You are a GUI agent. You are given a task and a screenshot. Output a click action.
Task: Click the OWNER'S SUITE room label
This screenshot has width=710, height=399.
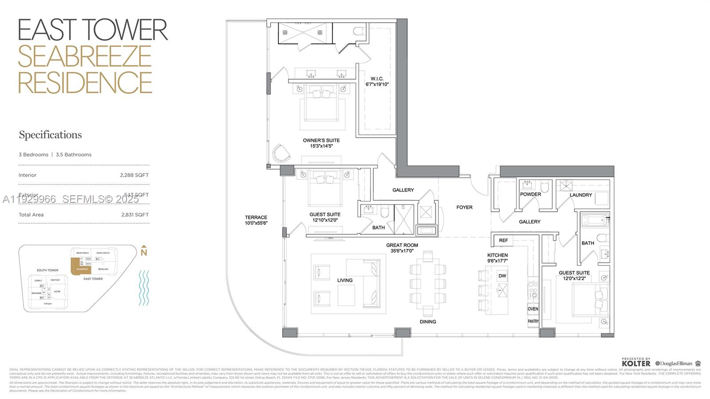(321, 140)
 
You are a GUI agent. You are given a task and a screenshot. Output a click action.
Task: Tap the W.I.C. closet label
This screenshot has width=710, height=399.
(377, 79)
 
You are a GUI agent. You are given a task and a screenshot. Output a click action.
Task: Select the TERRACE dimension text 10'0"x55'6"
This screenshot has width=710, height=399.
(256, 223)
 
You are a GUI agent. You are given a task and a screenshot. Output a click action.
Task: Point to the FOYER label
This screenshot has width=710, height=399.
(464, 207)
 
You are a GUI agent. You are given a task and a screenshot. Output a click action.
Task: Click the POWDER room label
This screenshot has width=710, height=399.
(530, 194)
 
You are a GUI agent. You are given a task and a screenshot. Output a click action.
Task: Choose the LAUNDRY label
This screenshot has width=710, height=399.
(580, 195)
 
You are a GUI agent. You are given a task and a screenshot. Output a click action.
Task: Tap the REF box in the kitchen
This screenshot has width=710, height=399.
(503, 241)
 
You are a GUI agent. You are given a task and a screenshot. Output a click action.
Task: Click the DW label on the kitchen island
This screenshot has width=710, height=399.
(502, 276)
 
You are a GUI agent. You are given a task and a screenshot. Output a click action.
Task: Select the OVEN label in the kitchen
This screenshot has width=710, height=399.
(533, 309)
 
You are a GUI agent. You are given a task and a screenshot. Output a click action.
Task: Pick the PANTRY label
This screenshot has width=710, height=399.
(533, 321)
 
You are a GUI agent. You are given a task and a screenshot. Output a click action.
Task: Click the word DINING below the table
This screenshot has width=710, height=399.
(428, 322)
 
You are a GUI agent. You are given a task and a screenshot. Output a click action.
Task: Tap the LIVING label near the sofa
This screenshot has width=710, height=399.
(344, 280)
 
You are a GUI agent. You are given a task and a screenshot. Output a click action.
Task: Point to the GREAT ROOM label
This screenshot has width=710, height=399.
(402, 245)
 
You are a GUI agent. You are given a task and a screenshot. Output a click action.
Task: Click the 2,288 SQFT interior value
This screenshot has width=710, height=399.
(134, 175)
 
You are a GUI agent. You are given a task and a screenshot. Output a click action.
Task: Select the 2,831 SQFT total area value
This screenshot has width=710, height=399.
(135, 214)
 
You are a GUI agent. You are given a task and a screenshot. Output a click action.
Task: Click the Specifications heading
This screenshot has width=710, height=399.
(50, 135)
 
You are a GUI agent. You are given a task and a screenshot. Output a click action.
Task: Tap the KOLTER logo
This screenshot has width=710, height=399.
(636, 363)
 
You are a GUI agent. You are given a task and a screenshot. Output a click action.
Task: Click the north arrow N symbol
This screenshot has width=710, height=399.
(143, 252)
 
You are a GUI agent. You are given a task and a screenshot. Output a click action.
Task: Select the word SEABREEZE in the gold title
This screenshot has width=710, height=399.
(85, 56)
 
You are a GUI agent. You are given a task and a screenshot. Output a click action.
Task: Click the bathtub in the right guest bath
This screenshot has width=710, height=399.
(594, 220)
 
